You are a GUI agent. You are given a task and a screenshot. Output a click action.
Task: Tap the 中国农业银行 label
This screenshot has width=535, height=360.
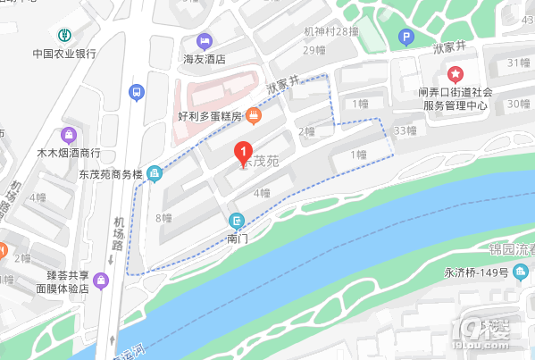click(x=64, y=53)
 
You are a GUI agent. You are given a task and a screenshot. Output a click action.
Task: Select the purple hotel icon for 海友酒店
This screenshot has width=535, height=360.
click(x=205, y=41)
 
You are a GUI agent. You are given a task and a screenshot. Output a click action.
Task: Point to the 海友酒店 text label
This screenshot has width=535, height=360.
click(x=205, y=59)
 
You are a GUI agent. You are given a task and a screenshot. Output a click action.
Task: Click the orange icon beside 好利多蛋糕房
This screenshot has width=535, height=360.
click(x=254, y=115)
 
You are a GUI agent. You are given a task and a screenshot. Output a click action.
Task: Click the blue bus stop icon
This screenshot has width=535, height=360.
click(x=136, y=92)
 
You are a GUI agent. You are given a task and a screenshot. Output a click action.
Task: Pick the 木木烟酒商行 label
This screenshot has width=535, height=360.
click(x=68, y=153)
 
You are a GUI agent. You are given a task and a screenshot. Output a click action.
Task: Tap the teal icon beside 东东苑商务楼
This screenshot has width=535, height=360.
click(x=155, y=172)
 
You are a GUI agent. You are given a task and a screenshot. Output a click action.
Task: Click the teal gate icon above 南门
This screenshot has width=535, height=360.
click(x=237, y=221)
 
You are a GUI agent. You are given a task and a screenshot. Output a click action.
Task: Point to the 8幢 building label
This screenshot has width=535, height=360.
click(x=163, y=217)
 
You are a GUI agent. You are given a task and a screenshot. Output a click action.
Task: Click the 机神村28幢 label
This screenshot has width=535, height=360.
click(x=330, y=31)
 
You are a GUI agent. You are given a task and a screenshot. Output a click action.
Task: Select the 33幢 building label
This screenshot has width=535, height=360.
click(x=405, y=130)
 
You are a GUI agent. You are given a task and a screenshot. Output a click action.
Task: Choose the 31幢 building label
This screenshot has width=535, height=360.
click(x=518, y=63)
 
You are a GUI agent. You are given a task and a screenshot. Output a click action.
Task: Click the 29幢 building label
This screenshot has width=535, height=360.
click(x=313, y=50)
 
